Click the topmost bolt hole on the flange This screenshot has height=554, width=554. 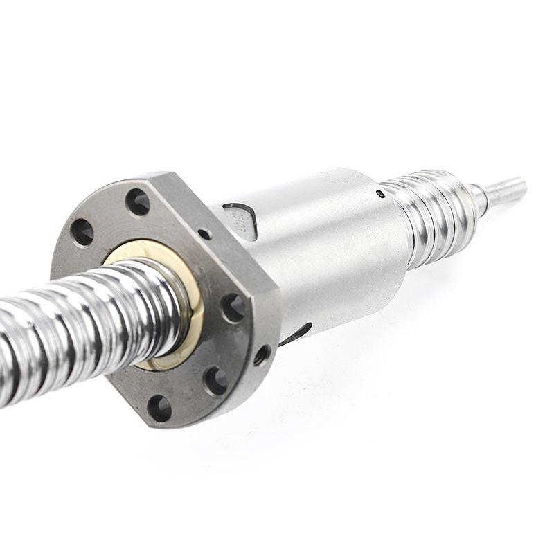(137, 202)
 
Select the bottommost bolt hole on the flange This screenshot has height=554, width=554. (159, 408)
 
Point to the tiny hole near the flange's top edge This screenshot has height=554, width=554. (204, 234)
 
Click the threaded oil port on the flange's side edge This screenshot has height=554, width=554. (262, 355)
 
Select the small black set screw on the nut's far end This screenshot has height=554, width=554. (380, 193)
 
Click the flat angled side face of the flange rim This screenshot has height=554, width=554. (267, 305)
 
